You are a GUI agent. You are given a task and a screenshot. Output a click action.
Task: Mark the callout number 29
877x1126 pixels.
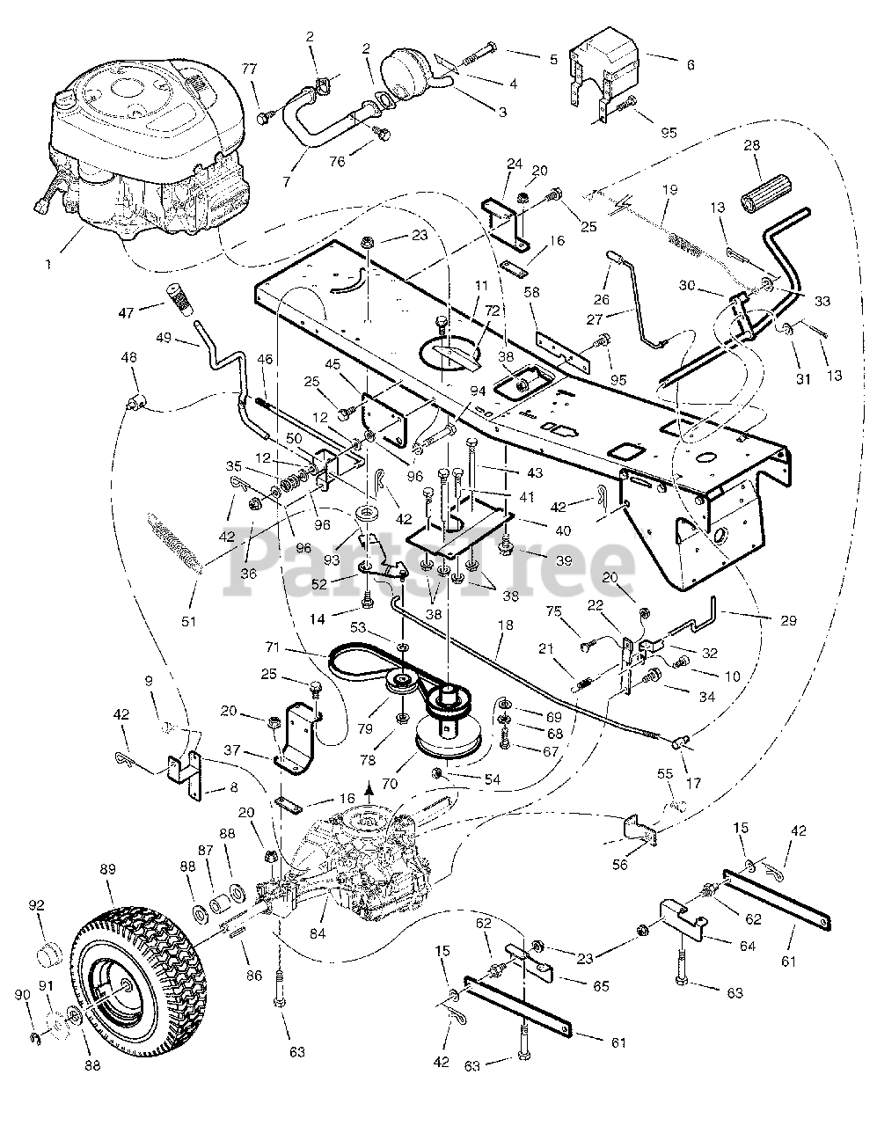[787, 620]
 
